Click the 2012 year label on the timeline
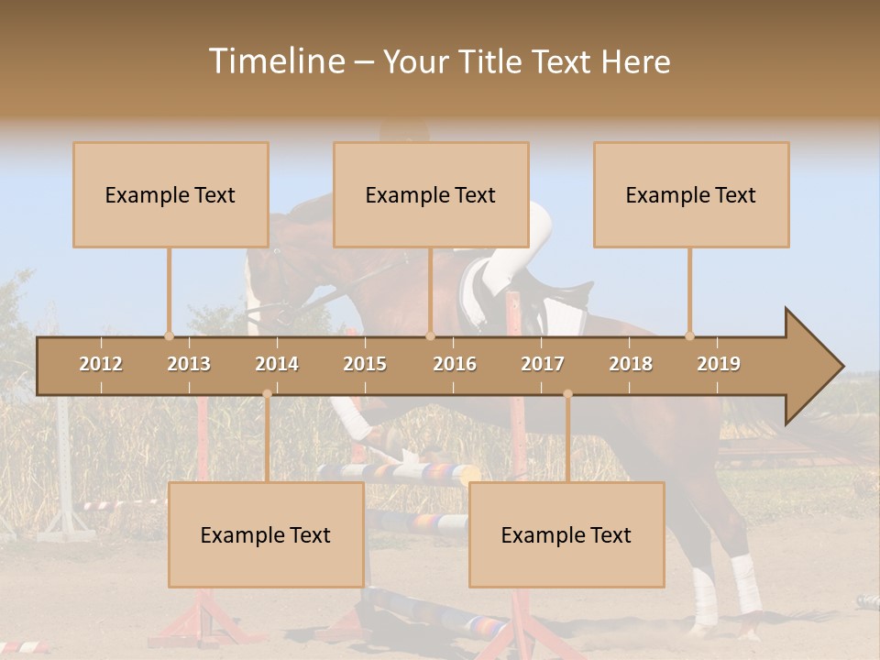pos(101,364)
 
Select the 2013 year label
pos(189,364)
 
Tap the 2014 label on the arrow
pos(277,364)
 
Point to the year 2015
pos(365,364)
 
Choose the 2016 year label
pos(455,364)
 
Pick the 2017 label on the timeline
pos(543,364)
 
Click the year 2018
pos(631,364)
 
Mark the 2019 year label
pos(719,364)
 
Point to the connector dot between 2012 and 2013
pos(169,335)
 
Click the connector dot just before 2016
pos(430,335)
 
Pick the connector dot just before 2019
pos(689,335)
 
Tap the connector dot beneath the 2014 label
pos(267,394)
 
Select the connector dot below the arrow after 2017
pos(567,394)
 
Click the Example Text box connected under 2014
pos(266,534)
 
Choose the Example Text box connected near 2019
pos(691,194)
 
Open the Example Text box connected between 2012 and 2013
pos(170,194)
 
